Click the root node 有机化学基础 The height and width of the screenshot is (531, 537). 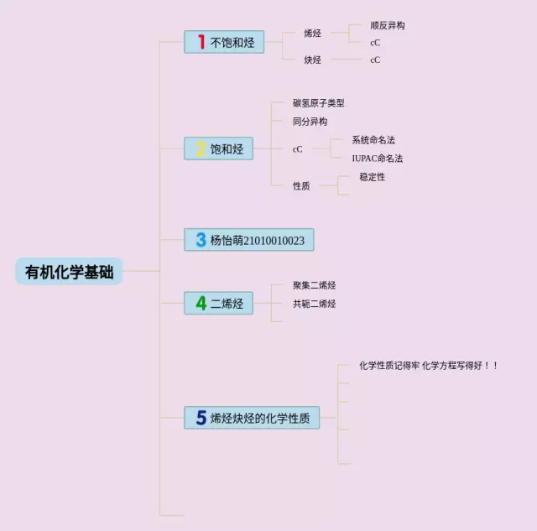69,272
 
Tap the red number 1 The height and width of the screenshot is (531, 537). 201,42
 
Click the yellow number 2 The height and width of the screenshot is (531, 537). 201,149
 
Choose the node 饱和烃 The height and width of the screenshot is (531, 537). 227,149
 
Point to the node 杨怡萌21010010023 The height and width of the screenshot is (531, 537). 257,240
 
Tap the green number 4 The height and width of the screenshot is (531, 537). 201,304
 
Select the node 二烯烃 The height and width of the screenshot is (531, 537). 227,304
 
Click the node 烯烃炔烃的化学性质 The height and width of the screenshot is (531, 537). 260,418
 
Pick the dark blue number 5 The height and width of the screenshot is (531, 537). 201,418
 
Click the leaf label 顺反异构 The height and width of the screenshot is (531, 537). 388,26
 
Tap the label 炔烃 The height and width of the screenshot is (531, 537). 313,60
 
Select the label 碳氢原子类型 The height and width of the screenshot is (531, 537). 319,103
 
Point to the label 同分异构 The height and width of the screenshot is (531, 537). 310,122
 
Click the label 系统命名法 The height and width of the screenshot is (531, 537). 373,139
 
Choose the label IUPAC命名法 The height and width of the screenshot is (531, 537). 378,158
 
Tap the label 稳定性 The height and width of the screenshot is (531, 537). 373,177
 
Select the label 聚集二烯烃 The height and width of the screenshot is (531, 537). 315,285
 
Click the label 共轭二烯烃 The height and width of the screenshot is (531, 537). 315,304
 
